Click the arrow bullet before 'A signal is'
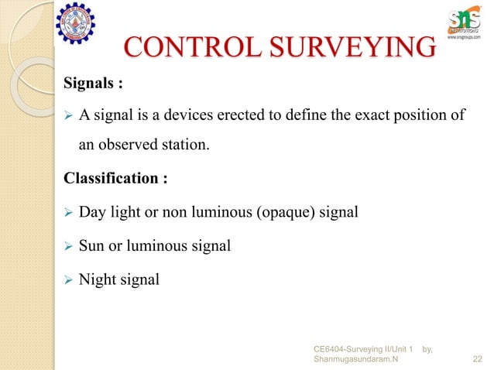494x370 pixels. [67, 117]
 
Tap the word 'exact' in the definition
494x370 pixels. [352, 116]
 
